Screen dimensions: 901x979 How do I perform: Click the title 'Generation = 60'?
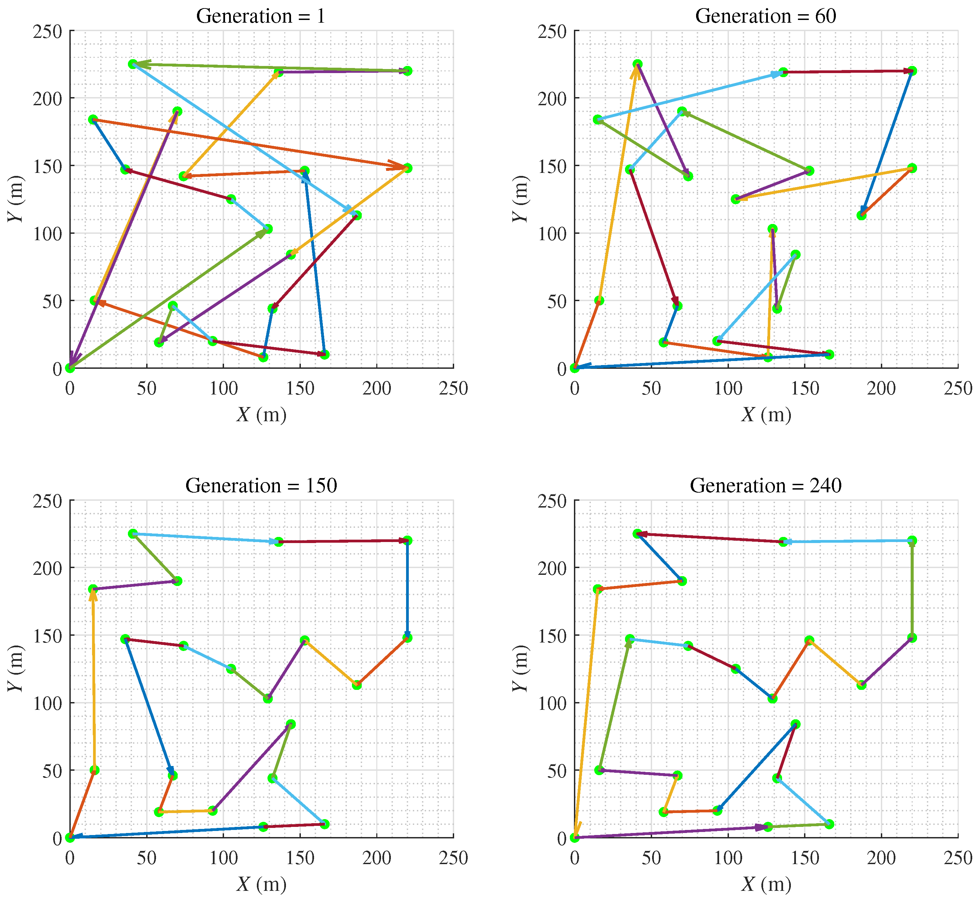(x=765, y=16)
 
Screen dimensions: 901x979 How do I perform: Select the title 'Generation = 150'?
(x=261, y=485)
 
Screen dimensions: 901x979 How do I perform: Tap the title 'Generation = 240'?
(x=765, y=485)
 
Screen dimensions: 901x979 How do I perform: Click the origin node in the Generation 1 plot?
(x=70, y=368)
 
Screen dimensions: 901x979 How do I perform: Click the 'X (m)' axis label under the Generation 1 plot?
(x=261, y=414)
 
